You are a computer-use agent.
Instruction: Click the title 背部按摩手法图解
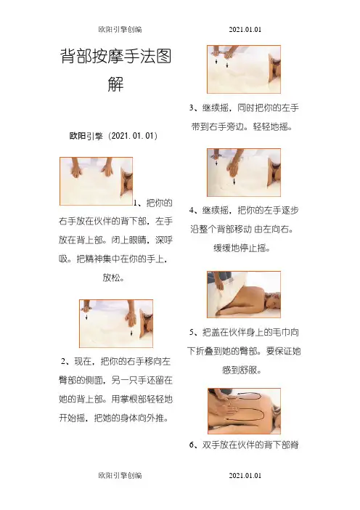click(x=115, y=70)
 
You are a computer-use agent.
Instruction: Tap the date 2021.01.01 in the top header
click(x=245, y=29)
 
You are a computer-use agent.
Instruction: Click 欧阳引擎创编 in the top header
click(x=120, y=29)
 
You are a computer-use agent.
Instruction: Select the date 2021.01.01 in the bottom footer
click(x=245, y=475)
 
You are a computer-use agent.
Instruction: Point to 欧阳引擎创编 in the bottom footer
click(x=120, y=475)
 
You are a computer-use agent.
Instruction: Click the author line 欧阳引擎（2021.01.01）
click(x=113, y=136)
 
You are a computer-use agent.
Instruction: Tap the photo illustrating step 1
click(x=97, y=181)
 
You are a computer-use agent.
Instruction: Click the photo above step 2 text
click(x=116, y=323)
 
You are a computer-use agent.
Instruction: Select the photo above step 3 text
click(x=244, y=69)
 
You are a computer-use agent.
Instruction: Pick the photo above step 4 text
click(x=244, y=172)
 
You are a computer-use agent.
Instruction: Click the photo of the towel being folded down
click(x=244, y=294)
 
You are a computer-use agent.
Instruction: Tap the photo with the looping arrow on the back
click(x=244, y=410)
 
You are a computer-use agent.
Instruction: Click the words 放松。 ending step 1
click(x=113, y=278)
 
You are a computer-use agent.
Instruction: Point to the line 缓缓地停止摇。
click(x=242, y=248)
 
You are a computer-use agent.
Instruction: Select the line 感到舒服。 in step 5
click(x=242, y=370)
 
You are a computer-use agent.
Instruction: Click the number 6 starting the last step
click(x=192, y=445)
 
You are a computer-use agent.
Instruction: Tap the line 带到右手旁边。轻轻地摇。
click(x=242, y=126)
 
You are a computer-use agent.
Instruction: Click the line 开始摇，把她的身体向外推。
click(x=114, y=418)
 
